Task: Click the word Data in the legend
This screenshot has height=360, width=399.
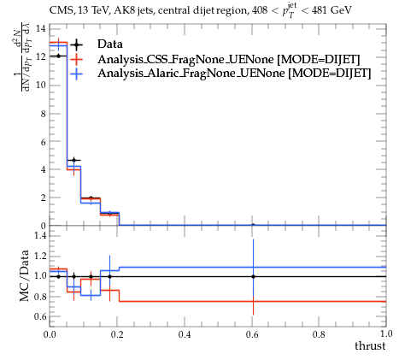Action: (110, 44)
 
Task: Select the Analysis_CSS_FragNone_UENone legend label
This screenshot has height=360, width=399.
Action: (185, 59)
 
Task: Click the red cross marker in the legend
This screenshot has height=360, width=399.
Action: (76, 59)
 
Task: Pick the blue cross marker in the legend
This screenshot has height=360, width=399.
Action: (76, 74)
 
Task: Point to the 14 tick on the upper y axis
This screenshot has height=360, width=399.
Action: (41, 28)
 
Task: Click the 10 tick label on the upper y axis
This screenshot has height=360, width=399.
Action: (41, 85)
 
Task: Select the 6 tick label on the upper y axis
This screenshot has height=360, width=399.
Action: (43, 142)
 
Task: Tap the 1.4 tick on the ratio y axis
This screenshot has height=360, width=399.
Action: (40, 235)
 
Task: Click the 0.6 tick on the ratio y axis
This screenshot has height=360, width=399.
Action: (40, 316)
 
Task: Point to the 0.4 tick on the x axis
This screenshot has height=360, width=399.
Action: (185, 334)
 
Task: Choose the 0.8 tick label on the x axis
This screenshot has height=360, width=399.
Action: (319, 334)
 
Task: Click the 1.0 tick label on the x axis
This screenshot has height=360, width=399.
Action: (386, 333)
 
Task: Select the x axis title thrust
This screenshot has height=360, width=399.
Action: (370, 345)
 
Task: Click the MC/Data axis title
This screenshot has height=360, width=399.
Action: (25, 275)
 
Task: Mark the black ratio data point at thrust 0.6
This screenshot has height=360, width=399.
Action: (253, 276)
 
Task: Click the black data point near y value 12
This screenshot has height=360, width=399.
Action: (59, 56)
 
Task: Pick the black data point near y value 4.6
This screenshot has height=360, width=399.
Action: (74, 160)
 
